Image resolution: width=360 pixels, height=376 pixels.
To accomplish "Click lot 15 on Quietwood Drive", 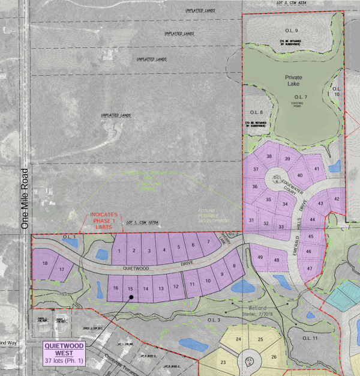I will (x=130, y=289).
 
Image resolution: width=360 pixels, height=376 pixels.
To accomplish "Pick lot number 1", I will (x=120, y=250).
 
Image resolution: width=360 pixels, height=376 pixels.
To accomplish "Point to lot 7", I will (x=208, y=242).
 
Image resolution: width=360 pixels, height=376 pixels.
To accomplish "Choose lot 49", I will (x=260, y=257).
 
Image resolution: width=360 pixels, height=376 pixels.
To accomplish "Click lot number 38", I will (x=269, y=156).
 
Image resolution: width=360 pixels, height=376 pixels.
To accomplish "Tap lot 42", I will (x=337, y=199).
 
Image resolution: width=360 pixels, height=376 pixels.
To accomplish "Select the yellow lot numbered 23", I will (x=223, y=362).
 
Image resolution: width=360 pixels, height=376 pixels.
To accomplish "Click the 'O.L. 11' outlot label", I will (x=310, y=339).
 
